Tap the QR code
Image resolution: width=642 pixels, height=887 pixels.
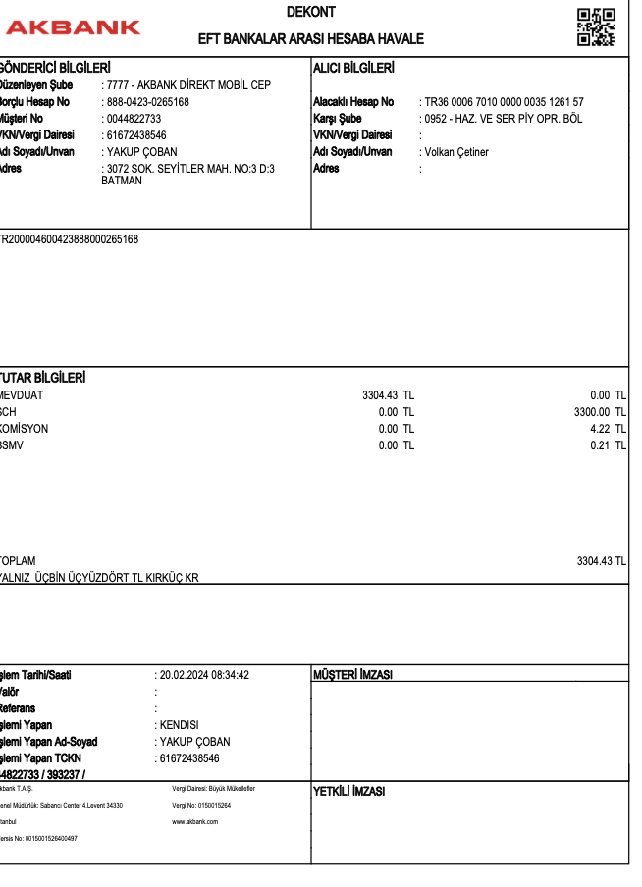pyautogui.click(x=595, y=27)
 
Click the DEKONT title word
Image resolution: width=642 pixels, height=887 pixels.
pyautogui.click(x=311, y=12)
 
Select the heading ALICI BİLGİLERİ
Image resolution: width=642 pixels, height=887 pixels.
pyautogui.click(x=353, y=68)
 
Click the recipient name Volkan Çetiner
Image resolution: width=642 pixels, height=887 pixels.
pyautogui.click(x=456, y=152)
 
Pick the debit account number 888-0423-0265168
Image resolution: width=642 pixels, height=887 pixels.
pyautogui.click(x=147, y=102)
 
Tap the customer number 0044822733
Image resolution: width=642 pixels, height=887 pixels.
pyautogui.click(x=134, y=119)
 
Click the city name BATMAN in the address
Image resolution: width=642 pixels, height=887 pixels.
pyautogui.click(x=122, y=181)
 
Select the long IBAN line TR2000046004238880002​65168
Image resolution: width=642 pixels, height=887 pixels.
pyautogui.click(x=69, y=239)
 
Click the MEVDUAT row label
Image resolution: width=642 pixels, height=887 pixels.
pyautogui.click(x=22, y=395)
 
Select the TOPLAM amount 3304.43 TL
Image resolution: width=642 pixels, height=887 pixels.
pyautogui.click(x=601, y=561)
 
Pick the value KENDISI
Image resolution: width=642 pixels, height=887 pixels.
pyautogui.click(x=180, y=725)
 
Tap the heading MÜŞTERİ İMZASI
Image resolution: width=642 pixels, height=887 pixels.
pyautogui.click(x=352, y=675)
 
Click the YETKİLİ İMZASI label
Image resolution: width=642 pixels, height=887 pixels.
pyautogui.click(x=349, y=791)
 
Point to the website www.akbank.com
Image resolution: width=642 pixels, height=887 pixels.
pyautogui.click(x=195, y=821)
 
